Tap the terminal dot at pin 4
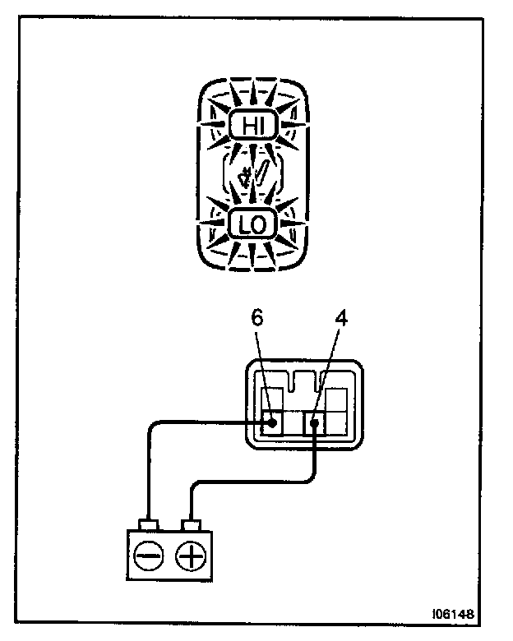point(317,424)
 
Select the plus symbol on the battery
point(191,558)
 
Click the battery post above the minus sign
point(149,523)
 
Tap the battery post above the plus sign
point(192,523)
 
